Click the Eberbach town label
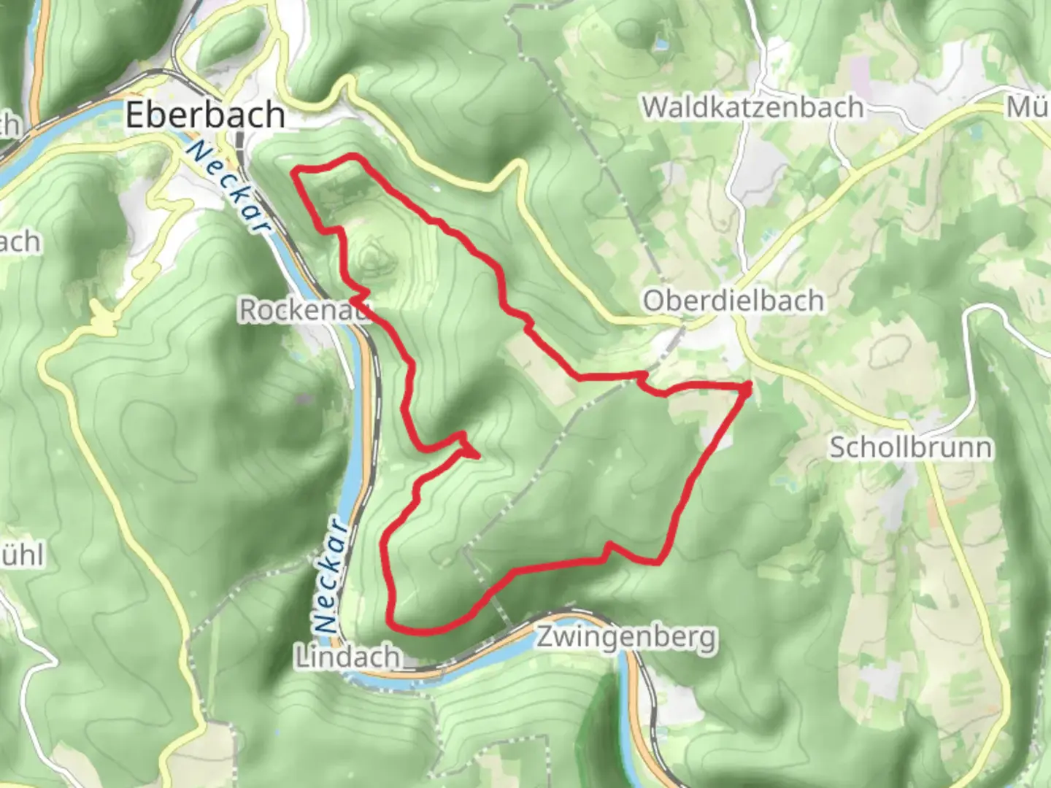pos(205,115)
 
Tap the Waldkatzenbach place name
pos(752,107)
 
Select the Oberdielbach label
pos(733,301)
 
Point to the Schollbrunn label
pos(910,447)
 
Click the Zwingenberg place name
pos(627,638)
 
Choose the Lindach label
pos(347,657)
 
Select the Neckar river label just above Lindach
pos(330,576)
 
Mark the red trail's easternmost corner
pos(749,387)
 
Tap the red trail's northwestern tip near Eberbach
pos(296,172)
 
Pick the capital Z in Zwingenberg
pos(544,638)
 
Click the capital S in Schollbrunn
pos(837,447)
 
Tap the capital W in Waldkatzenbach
pos(656,107)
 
